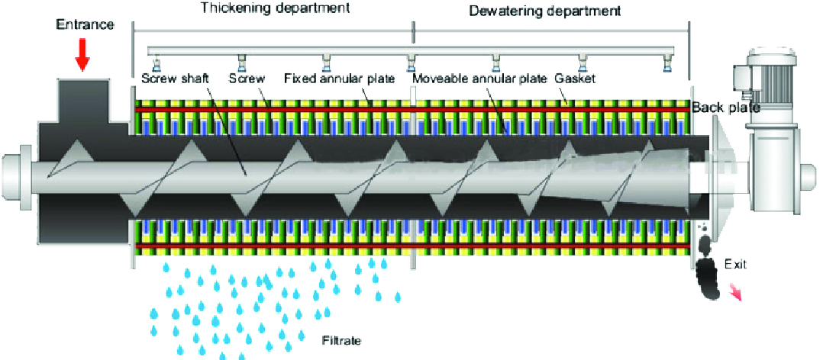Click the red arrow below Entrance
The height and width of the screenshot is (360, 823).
tap(84, 51)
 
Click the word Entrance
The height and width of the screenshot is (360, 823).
tap(85, 25)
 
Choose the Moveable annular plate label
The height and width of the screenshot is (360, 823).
tap(479, 79)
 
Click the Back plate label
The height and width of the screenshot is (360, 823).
tap(725, 108)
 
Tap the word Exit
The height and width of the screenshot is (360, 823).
tap(734, 265)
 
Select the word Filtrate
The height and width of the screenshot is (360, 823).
tap(340, 340)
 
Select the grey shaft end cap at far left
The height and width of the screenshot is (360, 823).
tap(14, 175)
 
